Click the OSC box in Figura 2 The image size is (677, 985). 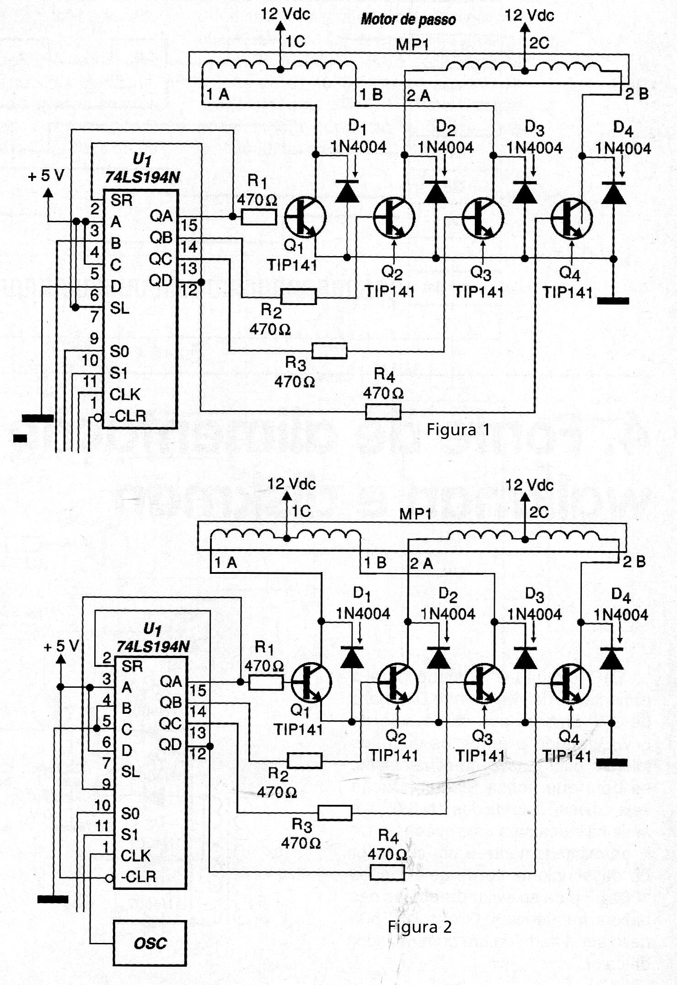150,942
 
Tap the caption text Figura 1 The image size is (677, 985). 458,429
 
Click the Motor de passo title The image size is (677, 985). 408,20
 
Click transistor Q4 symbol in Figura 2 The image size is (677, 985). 571,684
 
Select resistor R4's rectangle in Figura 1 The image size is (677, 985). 383,412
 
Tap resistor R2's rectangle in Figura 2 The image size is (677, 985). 305,760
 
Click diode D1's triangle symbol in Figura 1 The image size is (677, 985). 347,192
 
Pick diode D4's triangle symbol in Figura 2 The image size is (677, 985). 612,658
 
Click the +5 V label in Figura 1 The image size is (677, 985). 47,176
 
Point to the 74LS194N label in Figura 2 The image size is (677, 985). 153,646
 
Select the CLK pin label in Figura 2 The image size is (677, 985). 135,856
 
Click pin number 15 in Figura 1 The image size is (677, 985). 189,225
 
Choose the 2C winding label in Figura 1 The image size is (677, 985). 539,43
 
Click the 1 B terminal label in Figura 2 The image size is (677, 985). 375,562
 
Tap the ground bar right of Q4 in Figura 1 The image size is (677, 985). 613,300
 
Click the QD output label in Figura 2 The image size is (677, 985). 170,744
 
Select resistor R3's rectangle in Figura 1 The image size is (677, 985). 329,351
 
